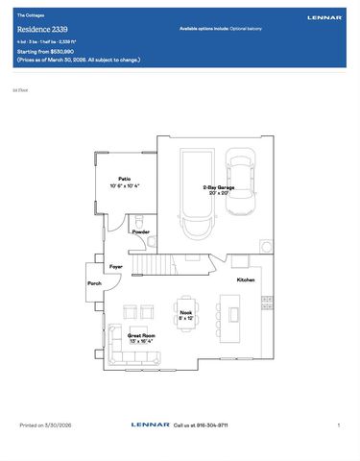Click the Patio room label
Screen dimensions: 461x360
tap(125, 179)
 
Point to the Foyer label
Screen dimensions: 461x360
tap(116, 265)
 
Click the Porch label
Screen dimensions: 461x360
tap(94, 283)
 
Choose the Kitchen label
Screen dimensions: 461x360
tap(246, 279)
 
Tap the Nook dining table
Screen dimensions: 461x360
tap(185, 311)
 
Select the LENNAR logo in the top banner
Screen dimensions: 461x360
tap(324, 17)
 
